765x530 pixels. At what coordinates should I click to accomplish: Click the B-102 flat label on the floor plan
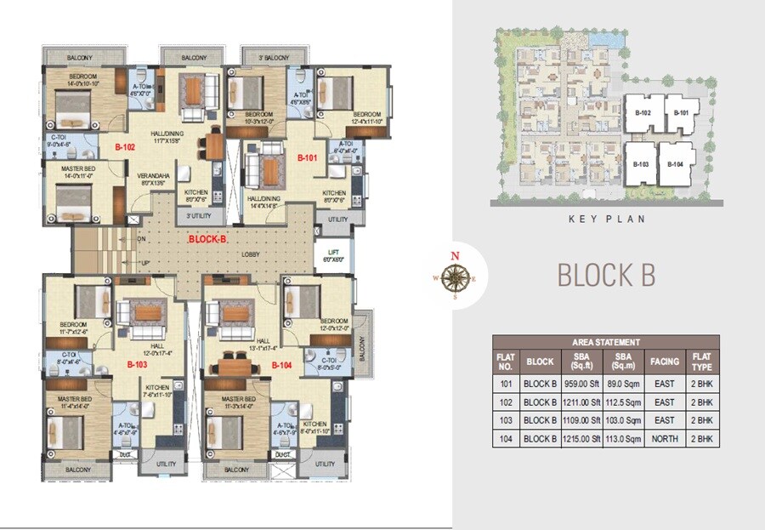pyautogui.click(x=126, y=147)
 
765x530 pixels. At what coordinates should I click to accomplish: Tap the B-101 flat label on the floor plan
pyautogui.click(x=307, y=158)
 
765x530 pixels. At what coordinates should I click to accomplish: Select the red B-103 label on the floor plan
pyautogui.click(x=138, y=364)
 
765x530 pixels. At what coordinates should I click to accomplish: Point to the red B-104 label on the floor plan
pyautogui.click(x=282, y=365)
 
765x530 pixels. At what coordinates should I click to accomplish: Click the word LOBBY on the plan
pyautogui.click(x=250, y=254)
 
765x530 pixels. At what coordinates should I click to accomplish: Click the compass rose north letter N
pyautogui.click(x=455, y=255)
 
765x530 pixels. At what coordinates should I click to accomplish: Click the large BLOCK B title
pyautogui.click(x=605, y=276)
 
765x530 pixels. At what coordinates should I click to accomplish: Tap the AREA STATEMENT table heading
pyautogui.click(x=606, y=342)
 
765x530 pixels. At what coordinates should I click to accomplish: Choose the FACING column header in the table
pyautogui.click(x=665, y=361)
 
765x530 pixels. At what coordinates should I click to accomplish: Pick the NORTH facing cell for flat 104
pyautogui.click(x=665, y=439)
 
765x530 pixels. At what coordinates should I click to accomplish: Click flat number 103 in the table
pyautogui.click(x=506, y=420)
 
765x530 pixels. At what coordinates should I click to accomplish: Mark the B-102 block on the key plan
pyautogui.click(x=643, y=113)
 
